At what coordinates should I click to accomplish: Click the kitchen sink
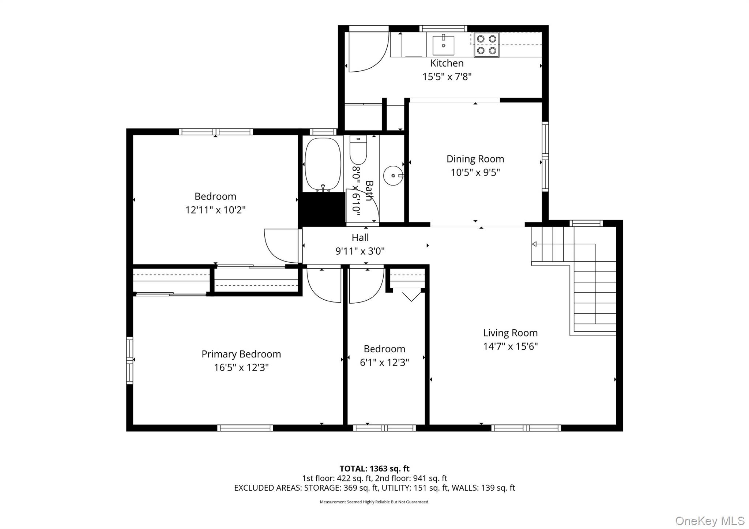click(443, 45)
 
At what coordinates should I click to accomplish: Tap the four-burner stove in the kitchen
click(486, 45)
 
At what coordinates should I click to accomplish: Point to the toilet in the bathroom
click(358, 150)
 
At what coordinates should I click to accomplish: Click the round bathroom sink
click(393, 176)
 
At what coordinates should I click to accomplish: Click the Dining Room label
click(475, 159)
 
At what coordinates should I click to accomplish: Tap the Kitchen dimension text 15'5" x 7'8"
click(447, 77)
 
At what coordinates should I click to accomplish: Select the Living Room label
click(510, 333)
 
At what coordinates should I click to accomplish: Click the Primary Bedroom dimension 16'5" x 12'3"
click(241, 368)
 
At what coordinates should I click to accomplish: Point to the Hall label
click(360, 238)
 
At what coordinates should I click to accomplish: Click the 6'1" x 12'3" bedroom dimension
click(384, 363)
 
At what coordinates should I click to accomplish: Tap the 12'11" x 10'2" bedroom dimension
click(215, 210)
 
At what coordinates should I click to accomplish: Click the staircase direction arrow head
click(534, 244)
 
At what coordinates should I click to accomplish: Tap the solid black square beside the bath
click(322, 209)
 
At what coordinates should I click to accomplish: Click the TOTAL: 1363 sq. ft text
click(374, 469)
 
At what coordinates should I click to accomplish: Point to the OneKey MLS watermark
click(710, 521)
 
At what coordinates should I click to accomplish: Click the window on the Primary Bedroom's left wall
click(129, 360)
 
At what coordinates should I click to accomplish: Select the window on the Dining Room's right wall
click(545, 157)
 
